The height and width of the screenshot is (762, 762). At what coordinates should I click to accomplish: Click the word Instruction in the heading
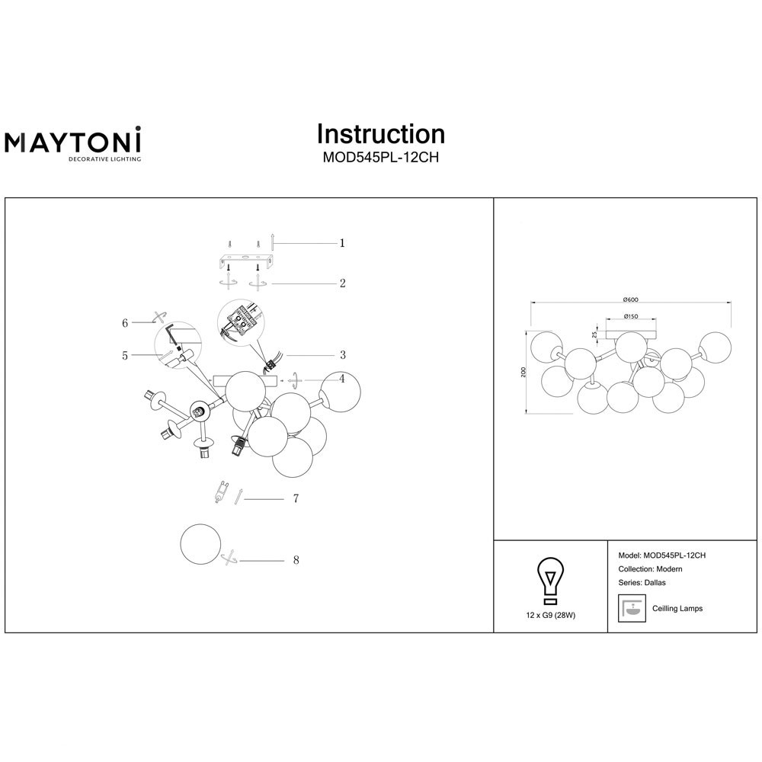coord(381,134)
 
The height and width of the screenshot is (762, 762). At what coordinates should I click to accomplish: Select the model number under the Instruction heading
coord(381,158)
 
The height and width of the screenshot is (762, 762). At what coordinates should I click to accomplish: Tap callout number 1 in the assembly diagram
coord(342,242)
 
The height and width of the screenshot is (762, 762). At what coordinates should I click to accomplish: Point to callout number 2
coord(343,283)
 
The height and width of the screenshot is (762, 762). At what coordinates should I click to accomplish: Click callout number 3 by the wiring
coord(343,355)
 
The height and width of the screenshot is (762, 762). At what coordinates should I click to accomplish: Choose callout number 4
coord(342,378)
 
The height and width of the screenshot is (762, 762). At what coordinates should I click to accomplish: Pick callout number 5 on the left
coord(125,356)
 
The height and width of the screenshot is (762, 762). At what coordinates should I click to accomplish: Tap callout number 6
coord(125,322)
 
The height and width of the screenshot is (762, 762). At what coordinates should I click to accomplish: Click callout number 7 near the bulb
coord(296,498)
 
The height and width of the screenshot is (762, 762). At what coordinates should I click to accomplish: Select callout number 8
coord(296,560)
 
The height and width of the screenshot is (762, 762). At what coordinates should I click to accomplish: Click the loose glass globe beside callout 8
coord(200,544)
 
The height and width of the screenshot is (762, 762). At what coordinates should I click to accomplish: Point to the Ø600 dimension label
coord(630,299)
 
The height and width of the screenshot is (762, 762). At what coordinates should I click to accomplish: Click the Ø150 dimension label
coord(630,316)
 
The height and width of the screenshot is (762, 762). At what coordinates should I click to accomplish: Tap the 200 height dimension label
coord(523,373)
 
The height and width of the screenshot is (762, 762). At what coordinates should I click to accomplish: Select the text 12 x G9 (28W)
coord(551,615)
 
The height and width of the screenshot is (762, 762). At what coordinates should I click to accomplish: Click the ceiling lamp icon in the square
coord(632,608)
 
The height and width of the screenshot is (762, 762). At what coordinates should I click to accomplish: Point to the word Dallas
coord(655,583)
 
